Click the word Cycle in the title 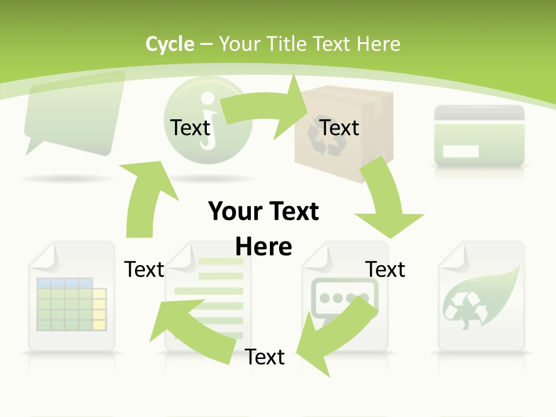click(x=170, y=44)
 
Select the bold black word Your click(x=235, y=211)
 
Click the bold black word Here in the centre click(x=264, y=247)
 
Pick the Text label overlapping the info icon click(x=190, y=127)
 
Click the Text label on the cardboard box click(x=339, y=127)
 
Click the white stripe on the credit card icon click(x=460, y=152)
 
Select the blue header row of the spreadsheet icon click(x=64, y=283)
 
